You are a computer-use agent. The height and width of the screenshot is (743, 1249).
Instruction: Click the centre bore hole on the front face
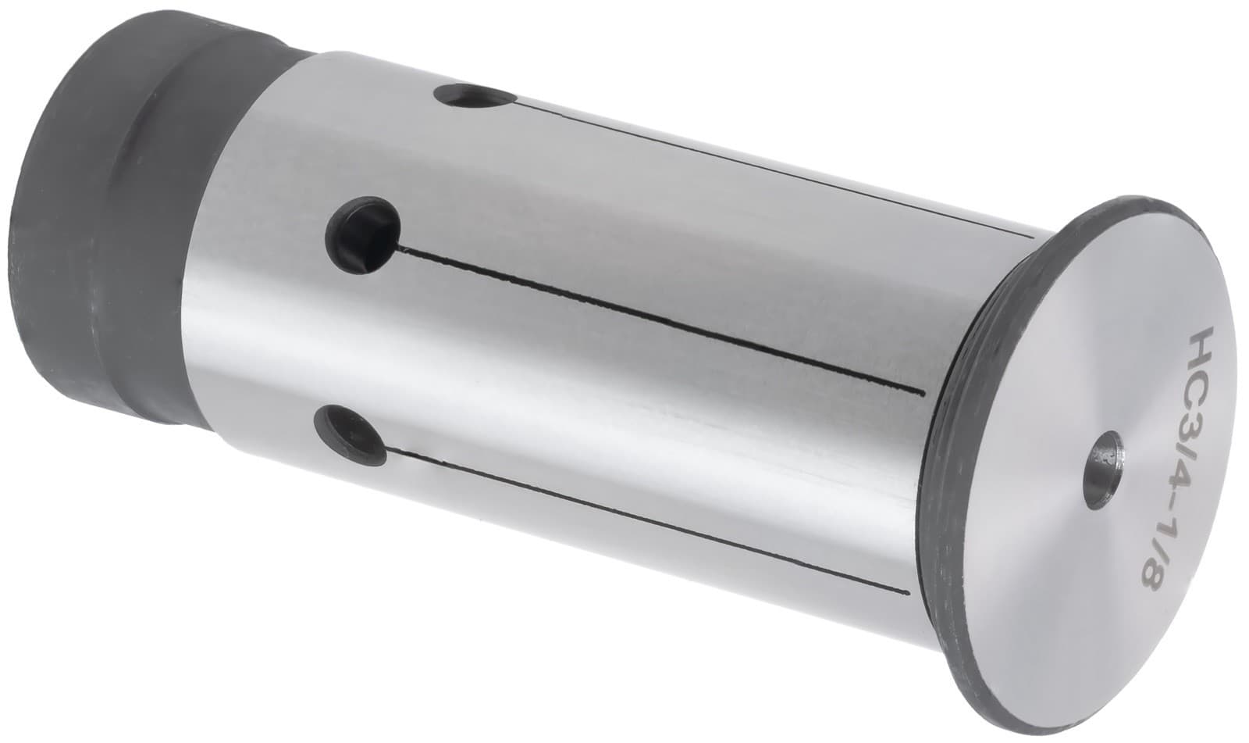tap(1106, 462)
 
